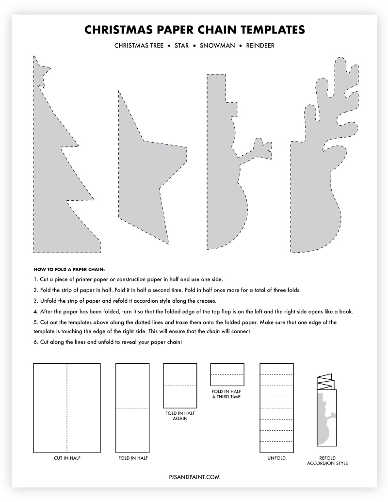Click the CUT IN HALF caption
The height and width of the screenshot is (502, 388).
tap(67, 458)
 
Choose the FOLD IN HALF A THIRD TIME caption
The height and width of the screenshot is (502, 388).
tap(226, 394)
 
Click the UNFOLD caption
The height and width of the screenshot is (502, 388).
tap(277, 458)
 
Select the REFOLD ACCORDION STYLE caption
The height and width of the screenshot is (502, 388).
tap(327, 460)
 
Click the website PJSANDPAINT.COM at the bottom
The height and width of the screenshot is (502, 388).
tap(194, 477)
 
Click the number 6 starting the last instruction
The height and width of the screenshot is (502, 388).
tap(36, 343)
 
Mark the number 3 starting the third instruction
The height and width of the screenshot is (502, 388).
tap(36, 301)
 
